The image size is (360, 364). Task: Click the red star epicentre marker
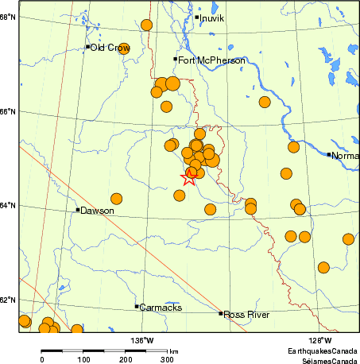(190, 176)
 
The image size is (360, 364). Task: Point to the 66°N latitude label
(8, 111)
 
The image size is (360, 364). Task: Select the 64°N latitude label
(8, 206)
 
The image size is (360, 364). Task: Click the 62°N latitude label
(8, 300)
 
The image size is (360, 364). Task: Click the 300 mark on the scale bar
(168, 360)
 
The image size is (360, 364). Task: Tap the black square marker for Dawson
(78, 210)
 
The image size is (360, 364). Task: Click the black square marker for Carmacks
(137, 306)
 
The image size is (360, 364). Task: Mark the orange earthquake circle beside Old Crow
(124, 48)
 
